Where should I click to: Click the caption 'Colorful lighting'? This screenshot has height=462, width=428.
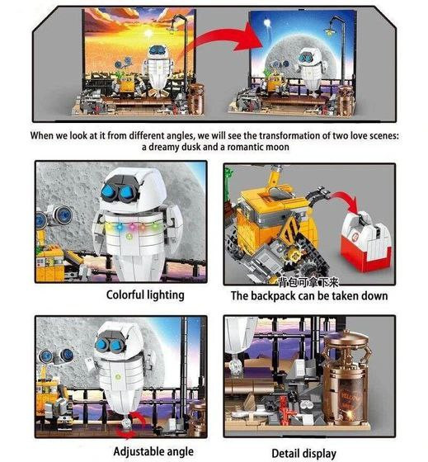145,295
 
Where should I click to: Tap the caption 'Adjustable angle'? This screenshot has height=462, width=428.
153,451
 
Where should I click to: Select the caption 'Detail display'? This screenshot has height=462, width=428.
303,454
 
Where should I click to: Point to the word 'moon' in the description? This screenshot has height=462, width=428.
277,147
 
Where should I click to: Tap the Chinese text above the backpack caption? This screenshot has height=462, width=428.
308,282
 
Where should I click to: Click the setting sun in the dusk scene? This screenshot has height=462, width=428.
148,33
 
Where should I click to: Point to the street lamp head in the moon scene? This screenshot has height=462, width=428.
330,30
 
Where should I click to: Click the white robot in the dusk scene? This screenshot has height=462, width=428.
158,68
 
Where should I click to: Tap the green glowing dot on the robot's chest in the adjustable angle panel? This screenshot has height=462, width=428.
118,376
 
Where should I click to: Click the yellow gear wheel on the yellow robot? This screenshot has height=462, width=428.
294,252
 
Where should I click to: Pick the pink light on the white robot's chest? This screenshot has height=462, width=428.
130,227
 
